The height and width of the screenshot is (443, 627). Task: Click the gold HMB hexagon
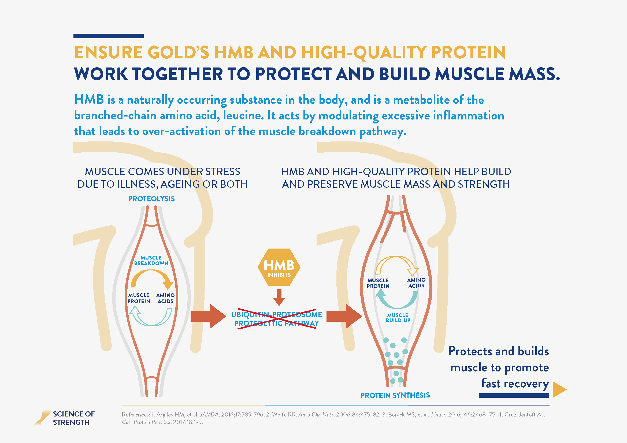pyautogui.click(x=279, y=267)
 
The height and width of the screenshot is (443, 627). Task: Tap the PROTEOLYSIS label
pyautogui.click(x=151, y=199)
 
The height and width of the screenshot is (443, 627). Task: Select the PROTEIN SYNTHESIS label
pyautogui.click(x=395, y=395)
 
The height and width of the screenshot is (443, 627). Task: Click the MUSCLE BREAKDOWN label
pyautogui.click(x=151, y=261)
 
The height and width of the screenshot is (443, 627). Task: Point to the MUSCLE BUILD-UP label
pyautogui.click(x=398, y=318)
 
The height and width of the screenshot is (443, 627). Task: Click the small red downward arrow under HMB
pyautogui.click(x=279, y=298)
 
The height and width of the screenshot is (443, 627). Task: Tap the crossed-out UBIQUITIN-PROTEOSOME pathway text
pyautogui.click(x=277, y=319)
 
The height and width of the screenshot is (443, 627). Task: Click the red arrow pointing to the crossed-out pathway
pyautogui.click(x=208, y=316)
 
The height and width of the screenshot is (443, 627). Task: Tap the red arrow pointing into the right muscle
pyautogui.click(x=344, y=316)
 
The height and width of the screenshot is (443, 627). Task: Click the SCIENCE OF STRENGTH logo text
pyautogui.click(x=74, y=418)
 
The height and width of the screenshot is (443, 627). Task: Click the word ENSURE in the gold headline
pyautogui.click(x=108, y=52)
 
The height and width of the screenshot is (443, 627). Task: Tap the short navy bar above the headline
pyautogui.click(x=108, y=36)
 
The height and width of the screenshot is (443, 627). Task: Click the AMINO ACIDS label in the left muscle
pyautogui.click(x=165, y=298)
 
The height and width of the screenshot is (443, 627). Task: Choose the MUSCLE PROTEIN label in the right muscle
pyautogui.click(x=378, y=283)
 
